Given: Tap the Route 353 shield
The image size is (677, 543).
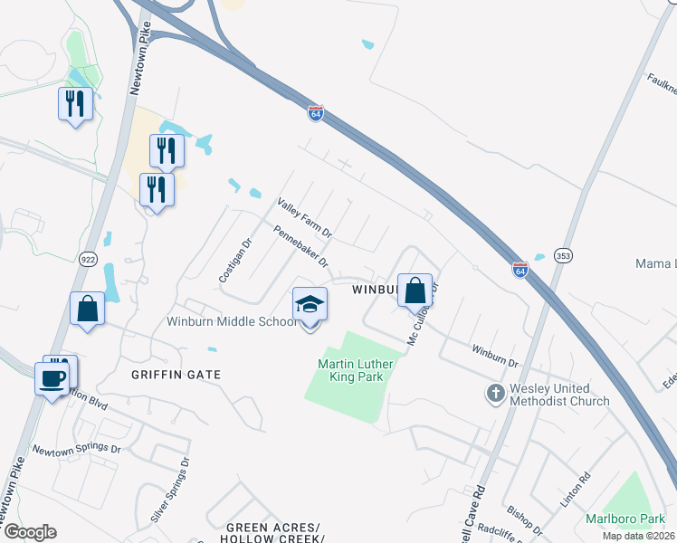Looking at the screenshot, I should pyautogui.click(x=563, y=256).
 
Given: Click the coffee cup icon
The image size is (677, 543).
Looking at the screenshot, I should pyautogui.click(x=51, y=377).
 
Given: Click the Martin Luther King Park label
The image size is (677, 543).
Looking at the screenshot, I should pyautogui.click(x=351, y=371).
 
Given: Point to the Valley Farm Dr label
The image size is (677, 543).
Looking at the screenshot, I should pyautogui.click(x=305, y=219).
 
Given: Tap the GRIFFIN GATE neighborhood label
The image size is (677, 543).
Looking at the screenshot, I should pyautogui.click(x=176, y=374).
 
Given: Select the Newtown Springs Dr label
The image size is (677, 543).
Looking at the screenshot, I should pyautogui.click(x=77, y=449).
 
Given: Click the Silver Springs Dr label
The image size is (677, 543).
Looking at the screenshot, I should pyautogui.click(x=171, y=489).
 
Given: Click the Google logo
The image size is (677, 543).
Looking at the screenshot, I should pyautogui.click(x=30, y=532).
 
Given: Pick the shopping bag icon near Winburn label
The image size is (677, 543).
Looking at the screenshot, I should pyautogui.click(x=415, y=291).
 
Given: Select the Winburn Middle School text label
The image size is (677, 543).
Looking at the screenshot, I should pyautogui.click(x=230, y=321).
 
